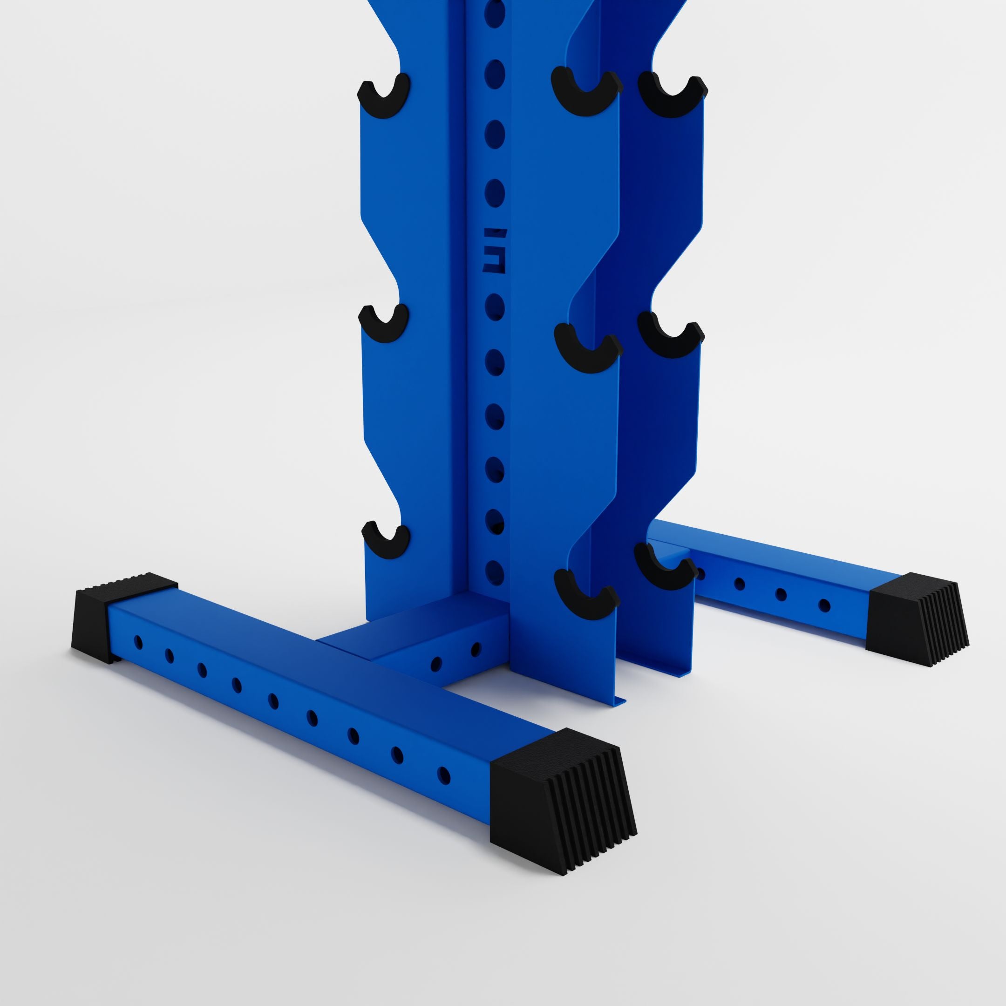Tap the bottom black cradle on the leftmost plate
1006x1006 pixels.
[x=385, y=542]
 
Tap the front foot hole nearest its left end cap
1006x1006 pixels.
[x=138, y=643]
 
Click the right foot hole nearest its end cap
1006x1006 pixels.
[x=824, y=605]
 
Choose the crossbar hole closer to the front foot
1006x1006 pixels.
[x=436, y=663]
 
